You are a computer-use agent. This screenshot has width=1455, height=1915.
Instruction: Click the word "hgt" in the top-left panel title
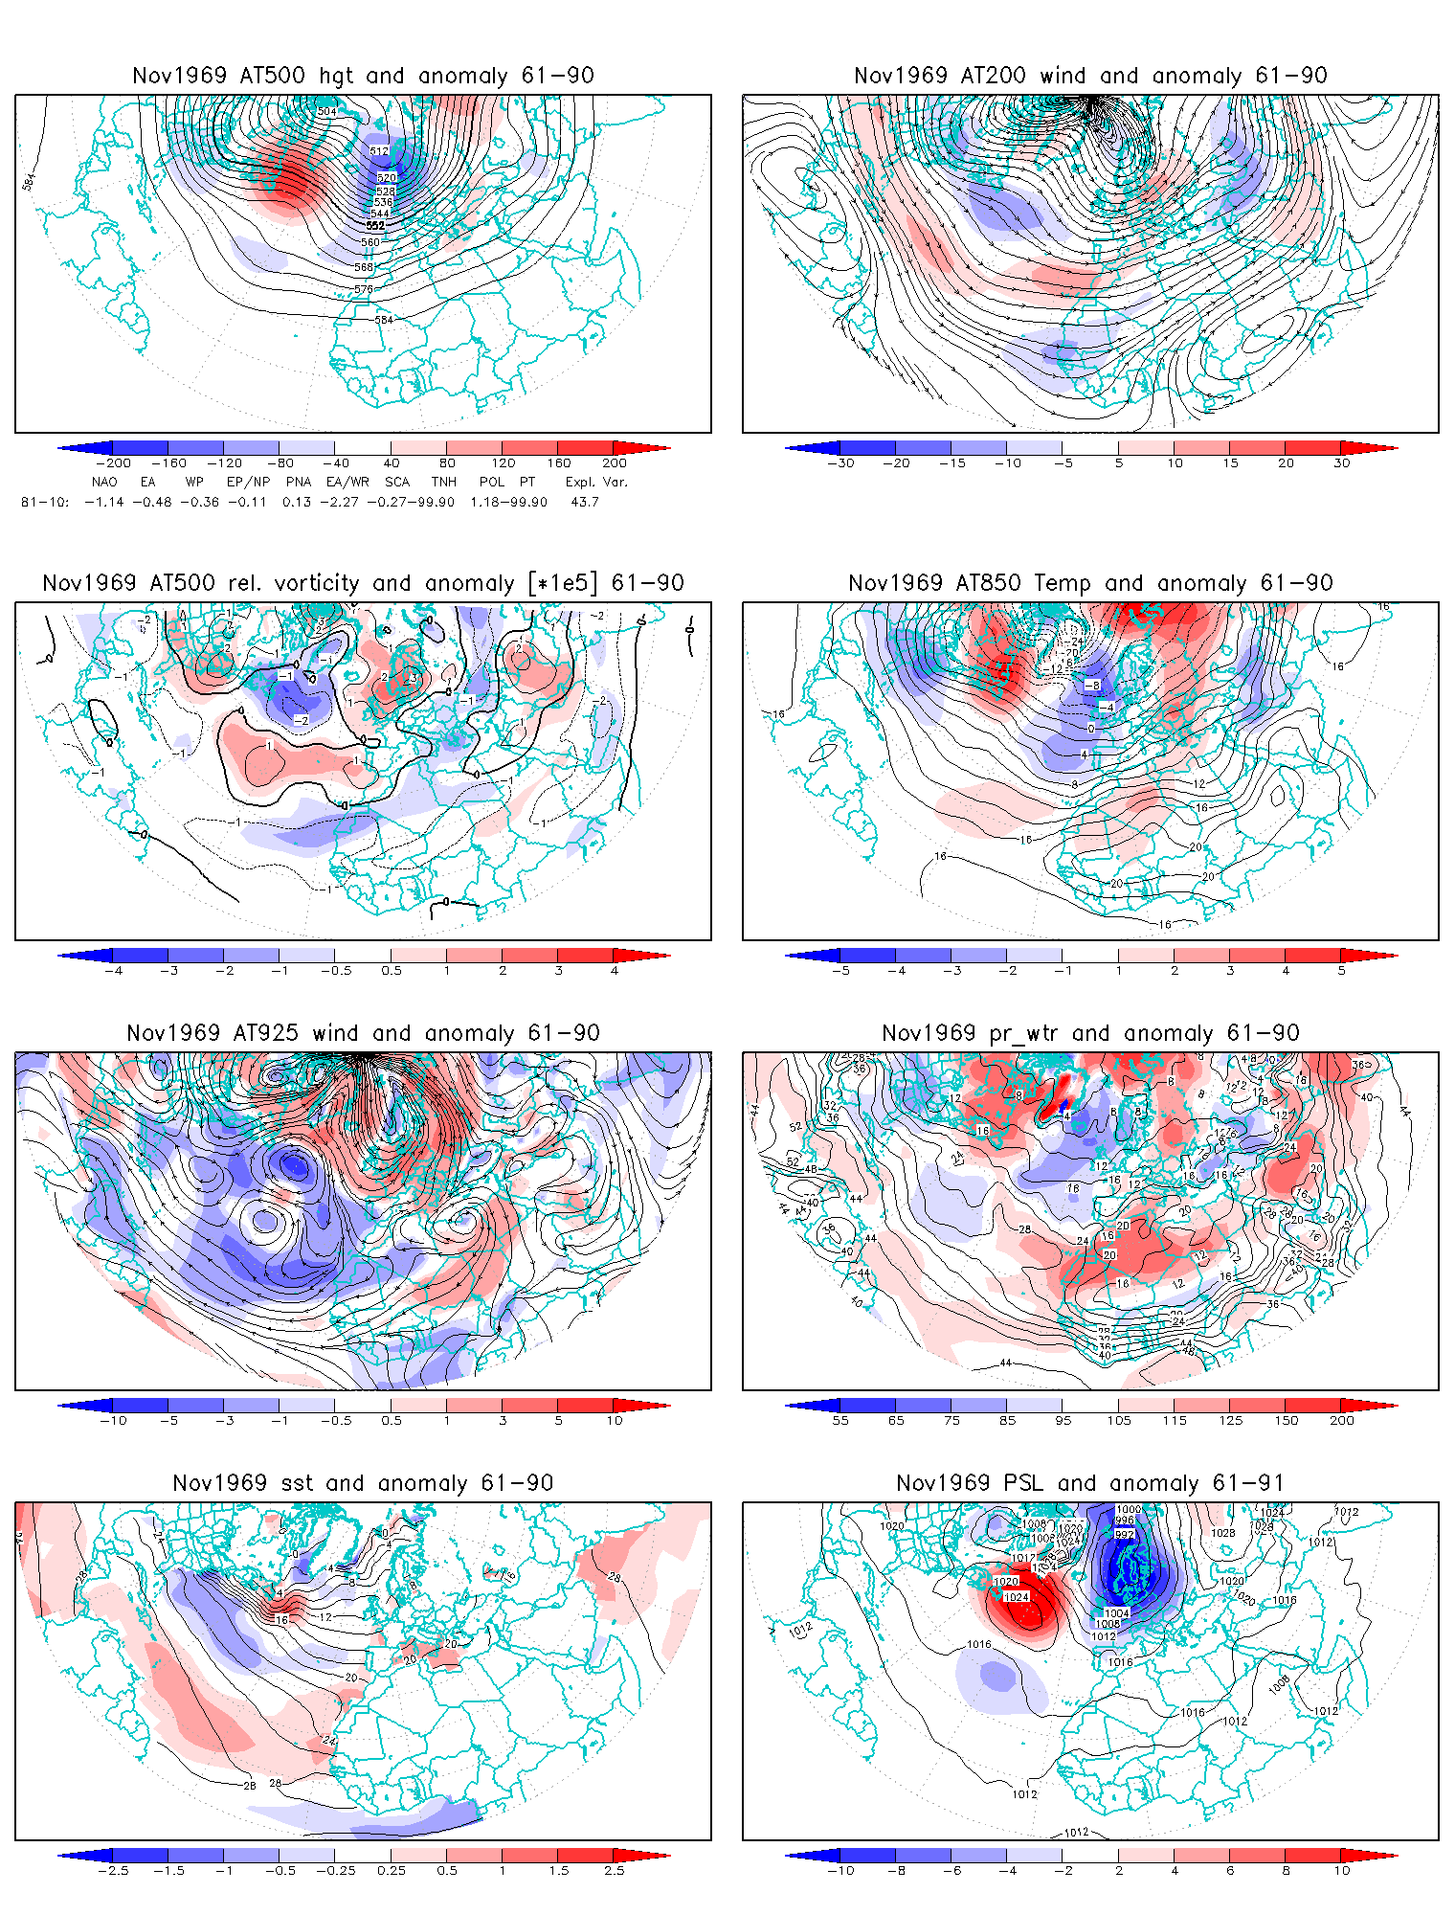336,76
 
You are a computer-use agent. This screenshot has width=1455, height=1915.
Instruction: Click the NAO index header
104,482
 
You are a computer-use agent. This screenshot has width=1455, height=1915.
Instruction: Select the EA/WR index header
347,482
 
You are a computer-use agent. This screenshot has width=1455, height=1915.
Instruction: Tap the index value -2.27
339,502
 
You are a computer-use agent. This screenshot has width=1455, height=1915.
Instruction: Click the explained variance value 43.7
584,502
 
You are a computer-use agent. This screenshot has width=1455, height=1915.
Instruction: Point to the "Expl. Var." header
595,482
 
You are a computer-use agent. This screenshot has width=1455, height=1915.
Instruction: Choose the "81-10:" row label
45,502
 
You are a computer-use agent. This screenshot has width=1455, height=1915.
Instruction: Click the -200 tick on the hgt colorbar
113,463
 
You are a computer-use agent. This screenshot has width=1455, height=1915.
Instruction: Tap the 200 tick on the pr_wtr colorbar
1341,1421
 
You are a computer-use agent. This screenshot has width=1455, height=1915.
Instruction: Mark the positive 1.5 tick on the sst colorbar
558,1871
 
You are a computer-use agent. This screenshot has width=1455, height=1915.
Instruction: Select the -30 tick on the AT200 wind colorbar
839,463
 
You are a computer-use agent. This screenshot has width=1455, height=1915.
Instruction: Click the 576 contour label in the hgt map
364,289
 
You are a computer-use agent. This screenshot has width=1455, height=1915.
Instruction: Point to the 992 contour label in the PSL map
1125,1534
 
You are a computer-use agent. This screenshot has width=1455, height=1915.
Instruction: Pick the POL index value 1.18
484,502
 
